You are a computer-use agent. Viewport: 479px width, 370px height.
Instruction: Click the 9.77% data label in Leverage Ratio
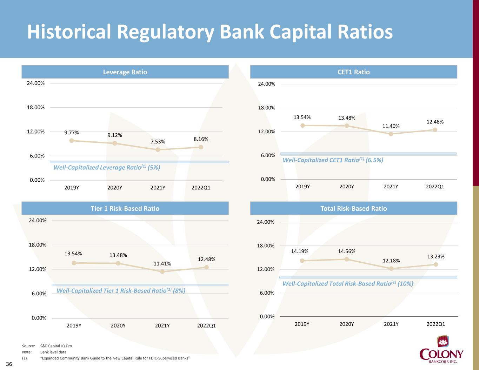[x=72, y=133]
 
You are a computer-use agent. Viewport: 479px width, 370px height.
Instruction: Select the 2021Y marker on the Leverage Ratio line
[x=158, y=150]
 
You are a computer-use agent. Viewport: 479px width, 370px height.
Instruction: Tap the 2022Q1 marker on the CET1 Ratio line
[x=435, y=130]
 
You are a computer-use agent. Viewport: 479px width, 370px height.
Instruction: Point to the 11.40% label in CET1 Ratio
[x=391, y=126]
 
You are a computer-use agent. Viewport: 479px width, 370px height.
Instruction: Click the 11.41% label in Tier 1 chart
[x=162, y=264]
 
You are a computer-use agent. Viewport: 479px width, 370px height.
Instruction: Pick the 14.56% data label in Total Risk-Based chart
[x=347, y=251]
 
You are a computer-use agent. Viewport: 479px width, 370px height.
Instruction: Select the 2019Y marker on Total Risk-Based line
[x=302, y=261]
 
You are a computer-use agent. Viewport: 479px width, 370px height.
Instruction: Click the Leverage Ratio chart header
[x=125, y=72]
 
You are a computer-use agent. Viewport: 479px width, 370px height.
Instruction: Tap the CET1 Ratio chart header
[x=353, y=72]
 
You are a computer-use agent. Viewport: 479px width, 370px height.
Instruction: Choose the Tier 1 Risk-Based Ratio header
[x=125, y=208]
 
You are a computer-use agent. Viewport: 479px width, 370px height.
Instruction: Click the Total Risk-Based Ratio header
[x=353, y=208]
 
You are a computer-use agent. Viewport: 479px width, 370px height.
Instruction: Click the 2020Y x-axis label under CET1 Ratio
[x=347, y=187]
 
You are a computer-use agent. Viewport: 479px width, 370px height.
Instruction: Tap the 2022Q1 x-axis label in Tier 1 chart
[x=206, y=325]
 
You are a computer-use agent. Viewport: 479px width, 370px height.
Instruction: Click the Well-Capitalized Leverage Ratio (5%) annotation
[x=107, y=168]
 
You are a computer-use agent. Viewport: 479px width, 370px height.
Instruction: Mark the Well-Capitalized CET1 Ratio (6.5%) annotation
[x=333, y=160]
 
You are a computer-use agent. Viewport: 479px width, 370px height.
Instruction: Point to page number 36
[x=9, y=364]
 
